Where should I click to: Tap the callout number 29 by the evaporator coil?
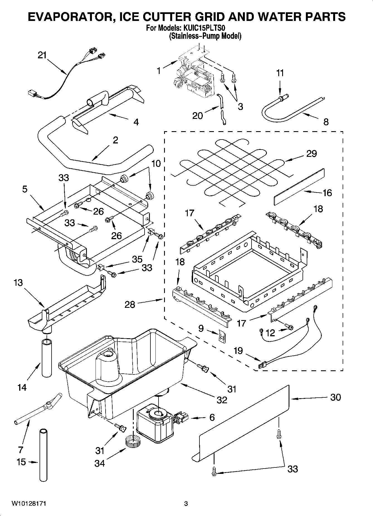[311, 154]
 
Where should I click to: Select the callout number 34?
[99, 463]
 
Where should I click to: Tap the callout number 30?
[335, 397]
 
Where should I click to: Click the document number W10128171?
[29, 503]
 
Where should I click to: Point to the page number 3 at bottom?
[186, 504]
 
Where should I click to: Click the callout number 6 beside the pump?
[212, 417]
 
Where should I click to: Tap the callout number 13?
[18, 283]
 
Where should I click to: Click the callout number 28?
[130, 304]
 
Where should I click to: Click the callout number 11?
[280, 73]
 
